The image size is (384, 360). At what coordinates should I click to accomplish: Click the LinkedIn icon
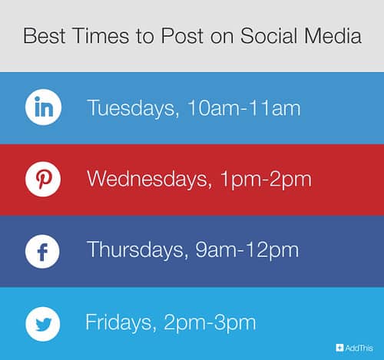pos(43,108)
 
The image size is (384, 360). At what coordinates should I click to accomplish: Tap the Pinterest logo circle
pos(43,180)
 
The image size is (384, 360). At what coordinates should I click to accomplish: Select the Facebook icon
pos(43,251)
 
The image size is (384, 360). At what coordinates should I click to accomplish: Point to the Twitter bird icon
pos(43,322)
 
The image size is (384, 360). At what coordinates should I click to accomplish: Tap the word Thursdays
pos(135,250)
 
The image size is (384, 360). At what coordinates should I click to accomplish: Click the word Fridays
pos(118,322)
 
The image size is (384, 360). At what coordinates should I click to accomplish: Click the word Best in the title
pos(44,36)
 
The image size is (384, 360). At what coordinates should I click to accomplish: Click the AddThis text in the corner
pos(358,348)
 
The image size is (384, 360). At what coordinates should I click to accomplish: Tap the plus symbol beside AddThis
pos(339,348)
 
